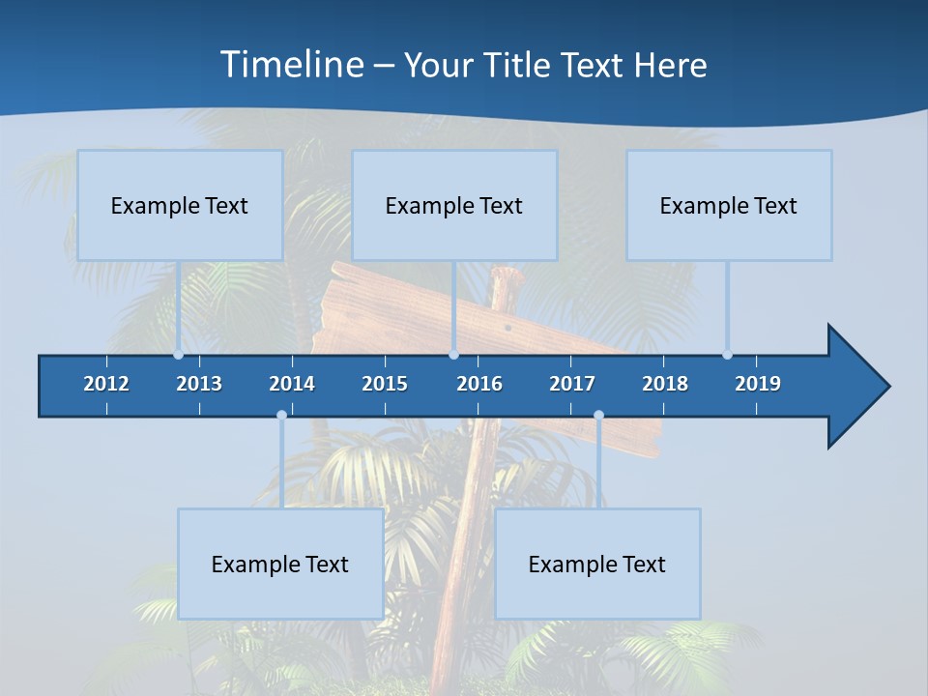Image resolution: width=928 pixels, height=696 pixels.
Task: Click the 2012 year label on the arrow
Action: [106, 384]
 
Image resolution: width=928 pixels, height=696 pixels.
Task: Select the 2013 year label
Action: [199, 384]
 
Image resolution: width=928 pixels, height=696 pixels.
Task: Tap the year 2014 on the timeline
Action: [292, 384]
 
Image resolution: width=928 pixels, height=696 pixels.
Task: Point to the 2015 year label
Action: [385, 384]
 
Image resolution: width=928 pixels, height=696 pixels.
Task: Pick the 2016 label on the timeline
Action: [479, 384]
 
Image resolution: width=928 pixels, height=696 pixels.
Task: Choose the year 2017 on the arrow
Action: [572, 384]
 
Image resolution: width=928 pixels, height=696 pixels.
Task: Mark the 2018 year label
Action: [665, 384]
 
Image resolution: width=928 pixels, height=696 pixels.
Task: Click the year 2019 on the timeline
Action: [758, 384]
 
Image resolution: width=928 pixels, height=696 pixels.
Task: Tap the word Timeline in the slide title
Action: [291, 65]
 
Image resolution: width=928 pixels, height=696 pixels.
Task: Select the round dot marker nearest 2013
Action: [178, 355]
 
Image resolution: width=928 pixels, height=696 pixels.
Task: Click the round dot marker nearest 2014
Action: [281, 416]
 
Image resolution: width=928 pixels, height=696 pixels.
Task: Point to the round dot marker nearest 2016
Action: [453, 355]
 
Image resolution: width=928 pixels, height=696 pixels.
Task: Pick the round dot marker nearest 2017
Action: [598, 416]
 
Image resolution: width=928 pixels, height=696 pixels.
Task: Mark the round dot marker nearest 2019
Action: [727, 355]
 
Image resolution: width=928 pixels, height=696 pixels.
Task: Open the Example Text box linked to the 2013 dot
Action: [180, 205]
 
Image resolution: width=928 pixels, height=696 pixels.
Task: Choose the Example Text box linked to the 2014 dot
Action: [280, 564]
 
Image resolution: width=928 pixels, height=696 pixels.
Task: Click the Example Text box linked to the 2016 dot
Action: [454, 205]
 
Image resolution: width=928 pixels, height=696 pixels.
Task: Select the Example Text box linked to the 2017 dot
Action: [597, 564]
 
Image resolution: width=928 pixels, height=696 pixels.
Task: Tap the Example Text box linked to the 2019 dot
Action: [729, 205]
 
